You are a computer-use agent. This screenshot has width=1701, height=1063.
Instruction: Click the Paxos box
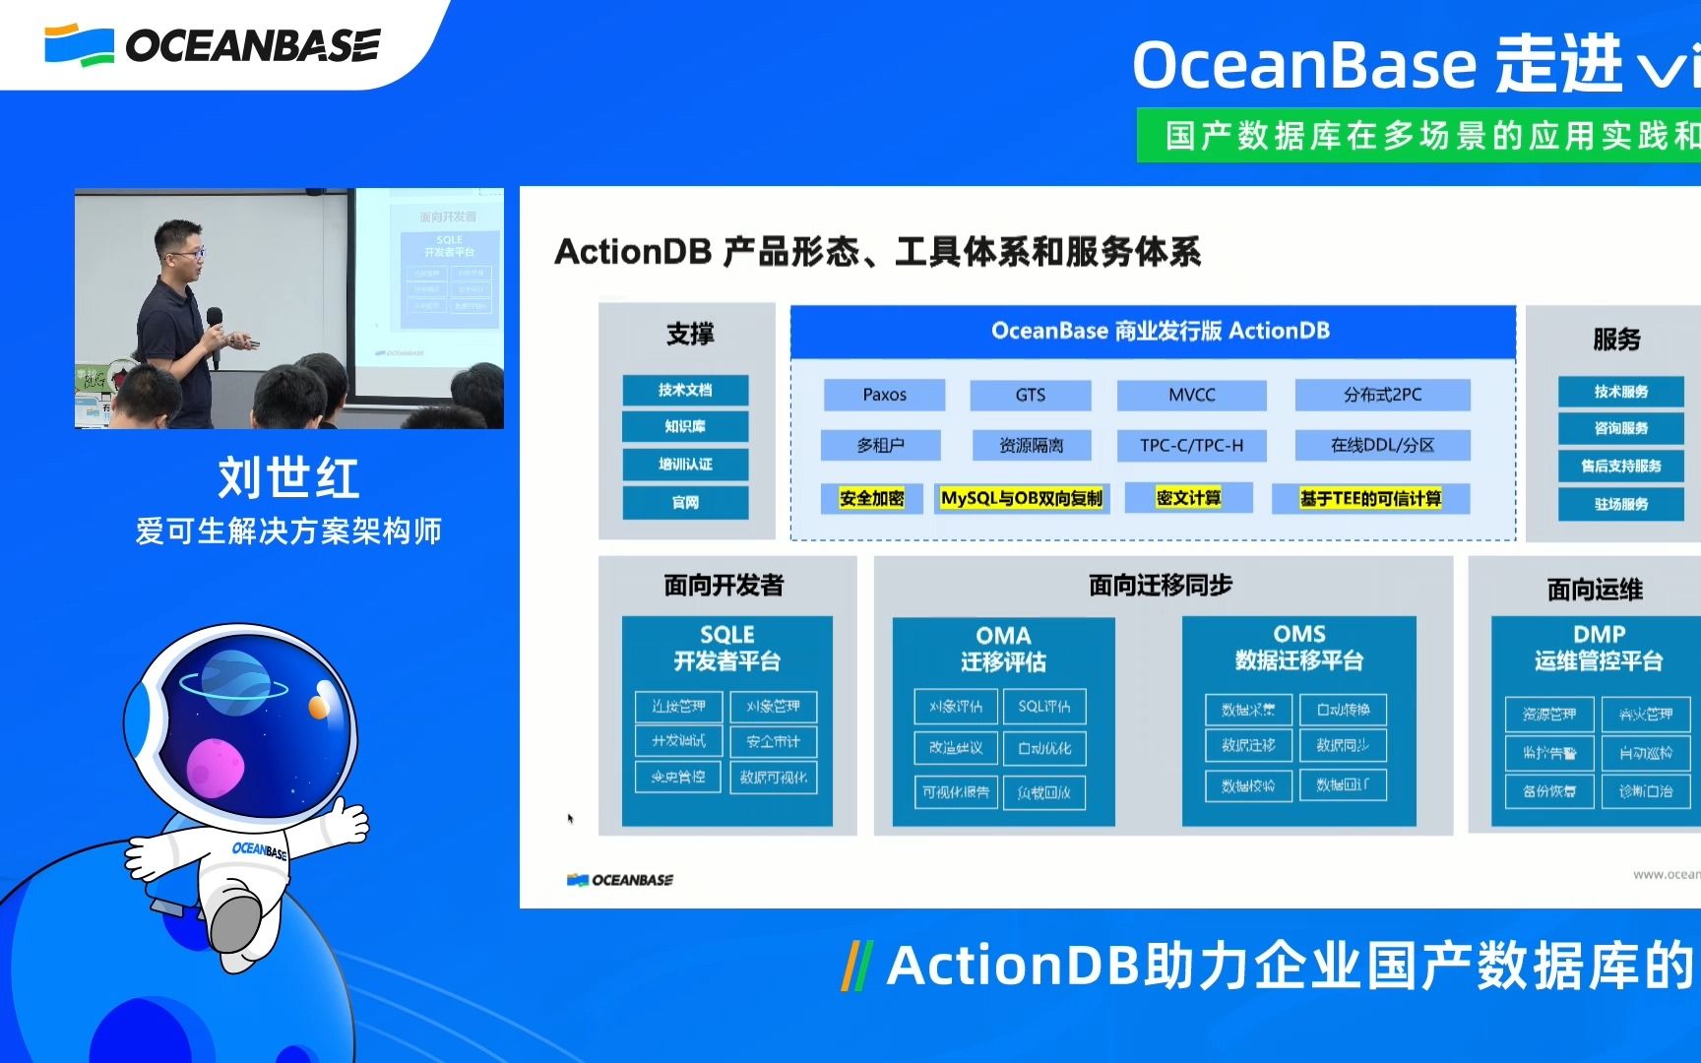pos(884,395)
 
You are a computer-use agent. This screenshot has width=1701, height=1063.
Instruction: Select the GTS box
pos(1030,395)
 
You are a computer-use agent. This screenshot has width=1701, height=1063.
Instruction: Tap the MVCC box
pos(1191,395)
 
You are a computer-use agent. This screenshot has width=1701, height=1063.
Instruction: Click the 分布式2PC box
pos(1382,395)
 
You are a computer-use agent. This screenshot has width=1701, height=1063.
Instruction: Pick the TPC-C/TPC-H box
pos(1191,446)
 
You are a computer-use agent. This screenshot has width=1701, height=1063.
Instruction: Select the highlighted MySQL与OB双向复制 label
pos(1021,498)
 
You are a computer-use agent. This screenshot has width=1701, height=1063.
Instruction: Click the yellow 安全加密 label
pos(871,498)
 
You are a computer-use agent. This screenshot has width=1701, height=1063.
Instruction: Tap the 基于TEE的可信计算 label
pos(1370,498)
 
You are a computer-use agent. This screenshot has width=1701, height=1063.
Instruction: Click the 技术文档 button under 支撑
pos(685,390)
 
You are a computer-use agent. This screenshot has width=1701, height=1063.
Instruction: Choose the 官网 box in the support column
pos(685,502)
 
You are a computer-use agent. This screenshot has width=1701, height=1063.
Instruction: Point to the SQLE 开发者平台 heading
pos(726,648)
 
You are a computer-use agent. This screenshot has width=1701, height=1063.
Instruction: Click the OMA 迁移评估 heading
pos(1003,649)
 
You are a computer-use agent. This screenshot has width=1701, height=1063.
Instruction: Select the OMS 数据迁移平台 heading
pos(1298,648)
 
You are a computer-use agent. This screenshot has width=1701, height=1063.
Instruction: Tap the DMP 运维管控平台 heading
pos(1598,648)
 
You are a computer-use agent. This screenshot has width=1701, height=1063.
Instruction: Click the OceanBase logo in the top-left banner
pos(212,45)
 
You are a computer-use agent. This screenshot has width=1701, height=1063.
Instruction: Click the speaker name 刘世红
pos(288,478)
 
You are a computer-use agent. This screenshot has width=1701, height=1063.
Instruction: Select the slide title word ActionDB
pos(632,252)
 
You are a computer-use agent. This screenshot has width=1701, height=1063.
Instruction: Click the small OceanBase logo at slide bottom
pos(620,880)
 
